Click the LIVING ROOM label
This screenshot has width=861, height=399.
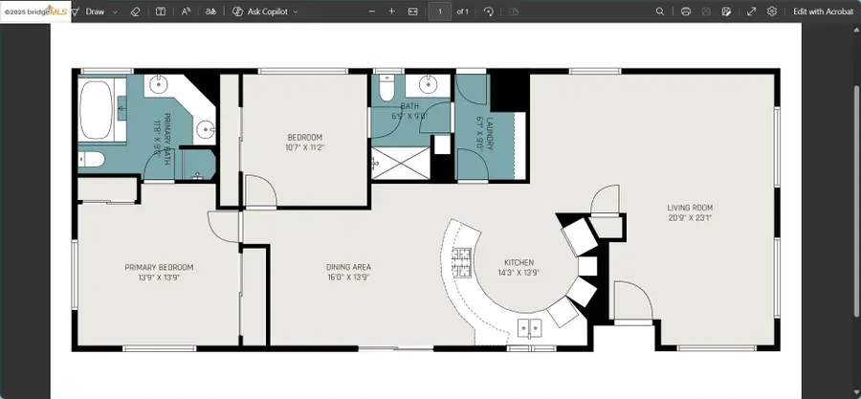click(690, 208)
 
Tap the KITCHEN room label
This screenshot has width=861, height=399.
click(519, 262)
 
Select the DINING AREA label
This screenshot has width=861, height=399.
click(348, 267)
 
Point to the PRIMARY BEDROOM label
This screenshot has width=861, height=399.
click(159, 267)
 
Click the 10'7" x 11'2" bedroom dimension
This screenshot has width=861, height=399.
click(305, 147)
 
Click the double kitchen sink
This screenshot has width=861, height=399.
click(529, 329)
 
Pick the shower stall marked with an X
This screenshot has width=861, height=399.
click(399, 163)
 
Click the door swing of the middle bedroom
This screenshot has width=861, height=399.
click(260, 191)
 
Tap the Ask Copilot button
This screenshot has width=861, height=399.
click(266, 11)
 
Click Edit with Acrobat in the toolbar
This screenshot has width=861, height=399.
click(823, 11)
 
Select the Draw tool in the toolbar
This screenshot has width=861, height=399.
click(95, 11)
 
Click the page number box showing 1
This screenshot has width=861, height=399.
click(439, 11)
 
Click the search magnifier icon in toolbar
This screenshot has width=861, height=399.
click(660, 11)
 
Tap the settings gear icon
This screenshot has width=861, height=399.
click(772, 11)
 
